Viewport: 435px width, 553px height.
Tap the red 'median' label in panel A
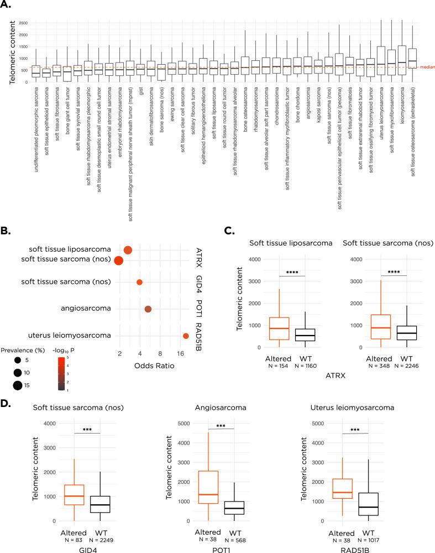tap(426, 67)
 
